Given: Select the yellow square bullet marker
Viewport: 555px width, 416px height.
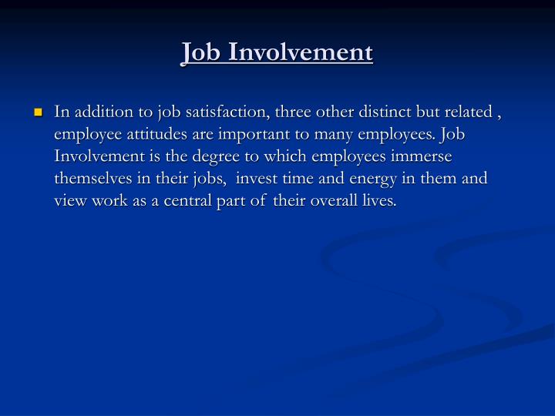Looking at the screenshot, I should click(37, 113).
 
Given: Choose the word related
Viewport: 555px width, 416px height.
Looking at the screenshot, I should click(466, 112).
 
